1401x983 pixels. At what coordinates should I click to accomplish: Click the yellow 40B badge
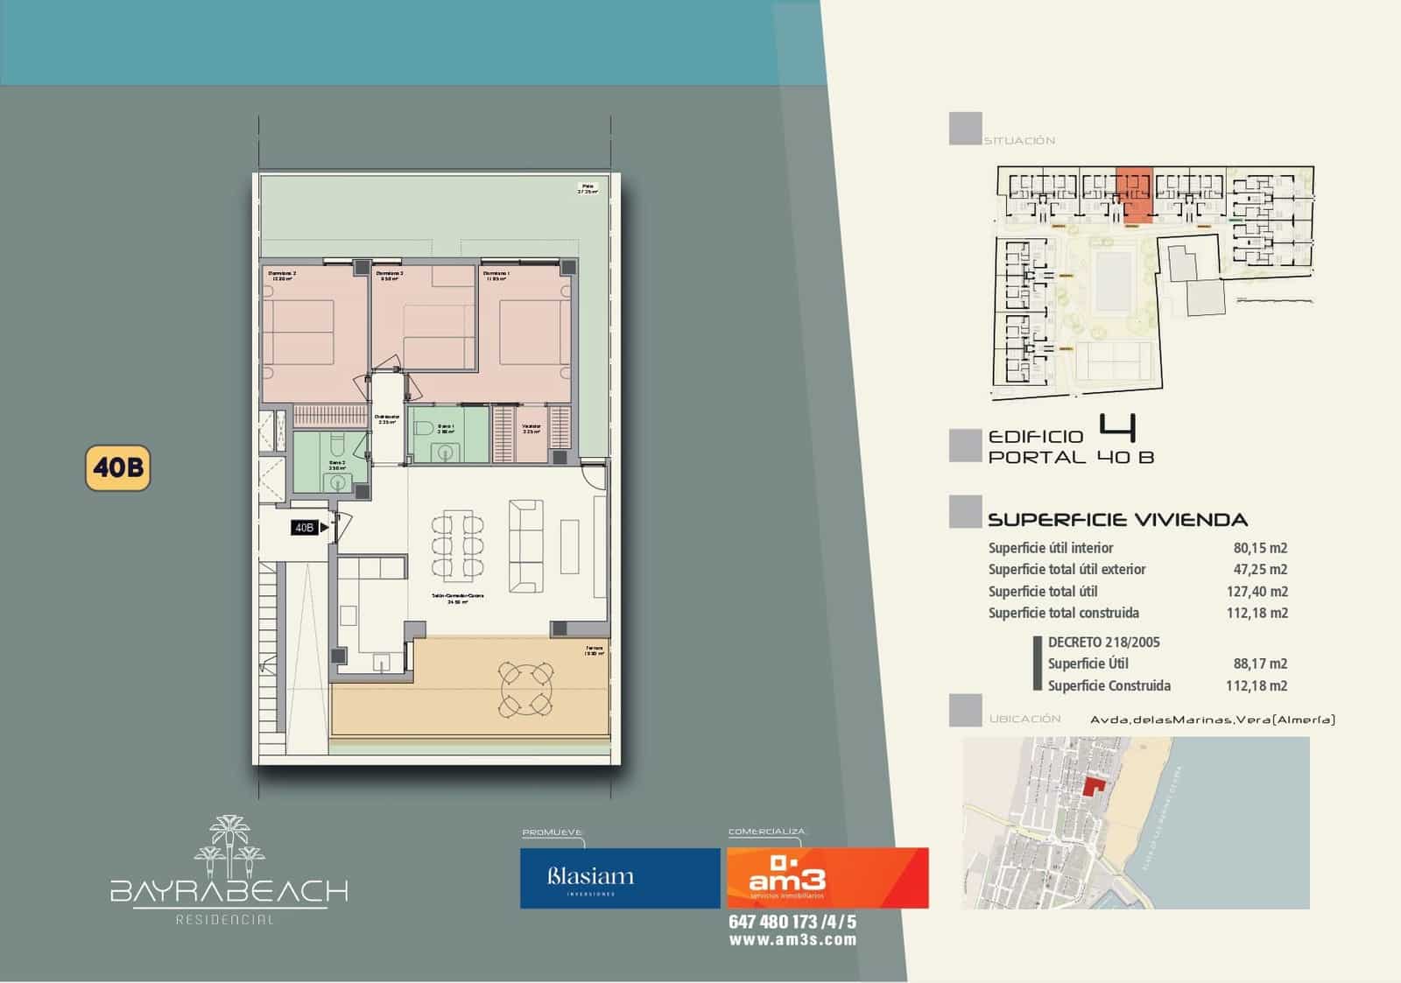tap(117, 468)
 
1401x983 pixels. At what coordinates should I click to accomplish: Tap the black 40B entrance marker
tap(306, 527)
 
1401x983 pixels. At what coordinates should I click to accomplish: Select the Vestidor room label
tap(532, 429)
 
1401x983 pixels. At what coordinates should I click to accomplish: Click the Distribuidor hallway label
tap(386, 418)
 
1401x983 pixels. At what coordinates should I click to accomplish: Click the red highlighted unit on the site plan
tap(1135, 194)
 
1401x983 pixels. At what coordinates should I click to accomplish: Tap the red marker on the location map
tap(1092, 785)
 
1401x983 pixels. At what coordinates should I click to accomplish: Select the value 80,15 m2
tap(1260, 548)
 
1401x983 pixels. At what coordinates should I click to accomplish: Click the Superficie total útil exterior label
tap(1067, 570)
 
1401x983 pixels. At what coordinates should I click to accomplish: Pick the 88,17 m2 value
tap(1260, 664)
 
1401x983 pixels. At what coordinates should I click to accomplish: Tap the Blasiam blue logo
tap(619, 877)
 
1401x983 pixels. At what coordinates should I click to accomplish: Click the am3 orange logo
tap(827, 877)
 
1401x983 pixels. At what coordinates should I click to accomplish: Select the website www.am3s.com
tap(792, 940)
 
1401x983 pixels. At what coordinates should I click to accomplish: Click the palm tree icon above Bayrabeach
tap(229, 845)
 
